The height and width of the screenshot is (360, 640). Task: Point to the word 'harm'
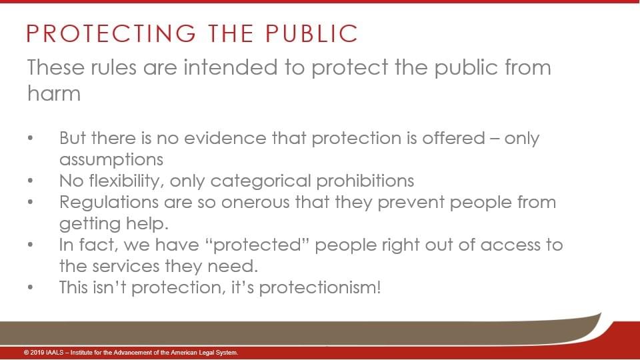point(54,93)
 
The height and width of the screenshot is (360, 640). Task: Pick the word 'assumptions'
point(111,159)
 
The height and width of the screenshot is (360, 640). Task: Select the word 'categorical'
point(261,181)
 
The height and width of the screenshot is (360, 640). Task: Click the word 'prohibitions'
point(365,181)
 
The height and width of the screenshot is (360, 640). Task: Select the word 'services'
point(126,267)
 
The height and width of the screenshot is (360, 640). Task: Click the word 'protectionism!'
point(320,287)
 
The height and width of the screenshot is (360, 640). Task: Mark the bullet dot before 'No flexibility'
point(30,181)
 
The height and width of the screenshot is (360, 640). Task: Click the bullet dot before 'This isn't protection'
point(30,287)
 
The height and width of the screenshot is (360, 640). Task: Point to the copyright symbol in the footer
point(26,353)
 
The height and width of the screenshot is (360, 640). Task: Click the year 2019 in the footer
point(37,353)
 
